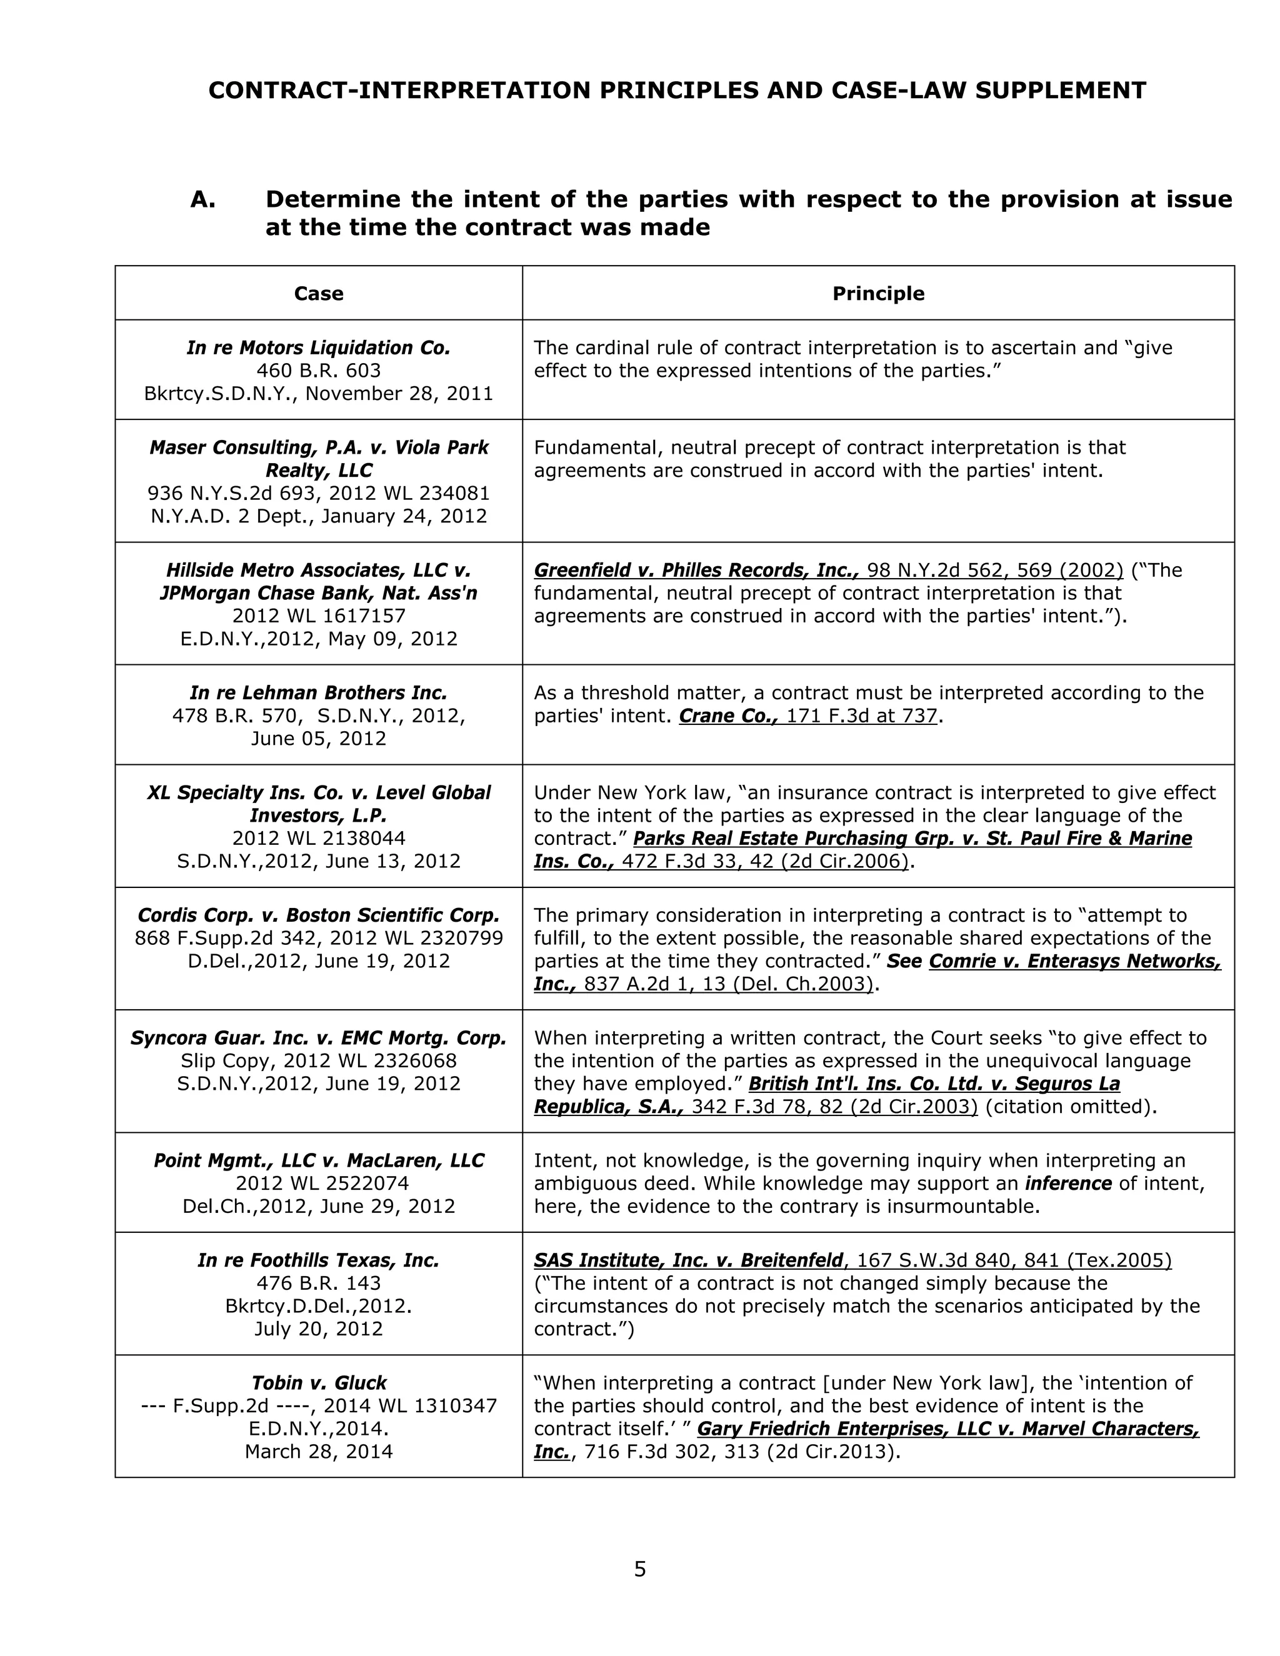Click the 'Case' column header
[x=319, y=294]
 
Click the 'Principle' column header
[x=878, y=294]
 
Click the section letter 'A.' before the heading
[x=203, y=199]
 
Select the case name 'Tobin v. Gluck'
[x=319, y=1382]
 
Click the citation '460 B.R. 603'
[x=319, y=371]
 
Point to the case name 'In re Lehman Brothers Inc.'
[x=319, y=692]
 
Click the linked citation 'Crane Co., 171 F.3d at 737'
[x=808, y=716]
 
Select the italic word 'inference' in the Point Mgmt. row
[x=1068, y=1183]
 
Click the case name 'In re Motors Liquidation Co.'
[x=319, y=348]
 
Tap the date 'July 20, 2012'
[x=319, y=1329]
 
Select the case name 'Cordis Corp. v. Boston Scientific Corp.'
[x=319, y=915]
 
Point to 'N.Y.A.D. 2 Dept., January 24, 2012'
[x=319, y=516]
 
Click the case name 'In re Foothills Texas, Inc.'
[x=319, y=1260]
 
